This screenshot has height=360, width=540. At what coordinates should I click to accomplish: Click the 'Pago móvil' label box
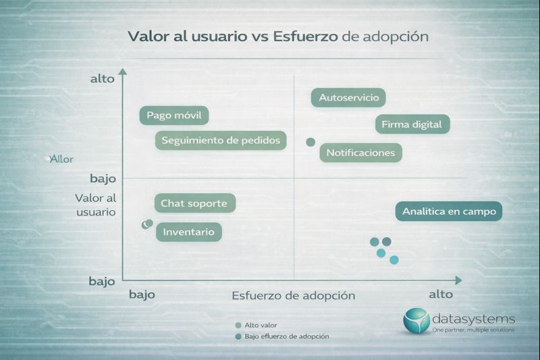pos(173,115)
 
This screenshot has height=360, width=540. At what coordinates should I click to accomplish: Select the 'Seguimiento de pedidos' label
pos(221,140)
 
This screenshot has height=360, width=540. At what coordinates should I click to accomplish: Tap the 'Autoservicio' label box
pos(348,97)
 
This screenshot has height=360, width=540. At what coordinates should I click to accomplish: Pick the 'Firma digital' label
pos(412,124)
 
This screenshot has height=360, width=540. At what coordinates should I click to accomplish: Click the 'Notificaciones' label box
pos(360,153)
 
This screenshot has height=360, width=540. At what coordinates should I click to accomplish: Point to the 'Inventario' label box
pos(189,232)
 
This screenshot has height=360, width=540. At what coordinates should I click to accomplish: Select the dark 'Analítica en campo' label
pos(449,211)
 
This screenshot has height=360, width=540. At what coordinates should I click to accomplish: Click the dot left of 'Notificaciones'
pos(310,142)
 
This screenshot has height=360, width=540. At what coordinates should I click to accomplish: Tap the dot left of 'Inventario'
pos(147,224)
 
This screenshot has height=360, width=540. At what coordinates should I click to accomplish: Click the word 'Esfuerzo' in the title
pos(305,36)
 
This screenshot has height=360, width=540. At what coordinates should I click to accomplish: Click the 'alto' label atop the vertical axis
pos(102,79)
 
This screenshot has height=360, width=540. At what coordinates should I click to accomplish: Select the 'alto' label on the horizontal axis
pos(441,294)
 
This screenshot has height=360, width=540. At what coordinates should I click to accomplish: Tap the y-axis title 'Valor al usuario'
pos(96,205)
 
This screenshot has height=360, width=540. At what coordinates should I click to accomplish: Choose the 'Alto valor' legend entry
pos(261,325)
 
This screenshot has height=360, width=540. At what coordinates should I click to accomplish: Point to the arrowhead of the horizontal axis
pos(458,280)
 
